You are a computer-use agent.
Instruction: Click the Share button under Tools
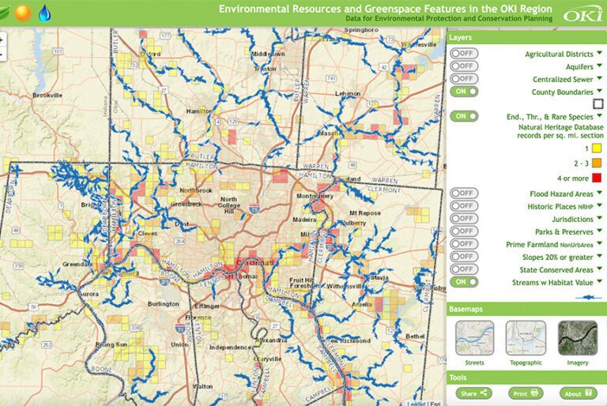tap(473, 393)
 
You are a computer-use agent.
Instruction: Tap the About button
tap(578, 393)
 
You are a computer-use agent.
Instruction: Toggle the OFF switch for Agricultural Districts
tap(464, 54)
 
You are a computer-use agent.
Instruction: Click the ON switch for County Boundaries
tap(464, 92)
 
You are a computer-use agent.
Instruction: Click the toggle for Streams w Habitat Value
tap(464, 282)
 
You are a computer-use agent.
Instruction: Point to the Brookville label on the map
tap(47, 96)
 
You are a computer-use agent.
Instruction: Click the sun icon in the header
tap(21, 13)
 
